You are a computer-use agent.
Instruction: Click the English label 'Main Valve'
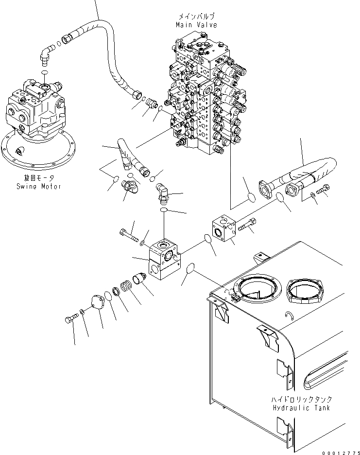[x=197, y=25]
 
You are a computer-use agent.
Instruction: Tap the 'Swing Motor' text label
[x=38, y=186]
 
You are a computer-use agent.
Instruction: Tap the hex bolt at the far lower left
[x=70, y=320]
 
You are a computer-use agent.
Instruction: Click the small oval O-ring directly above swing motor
[x=44, y=72]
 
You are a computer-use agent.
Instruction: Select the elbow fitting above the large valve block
[x=164, y=192]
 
